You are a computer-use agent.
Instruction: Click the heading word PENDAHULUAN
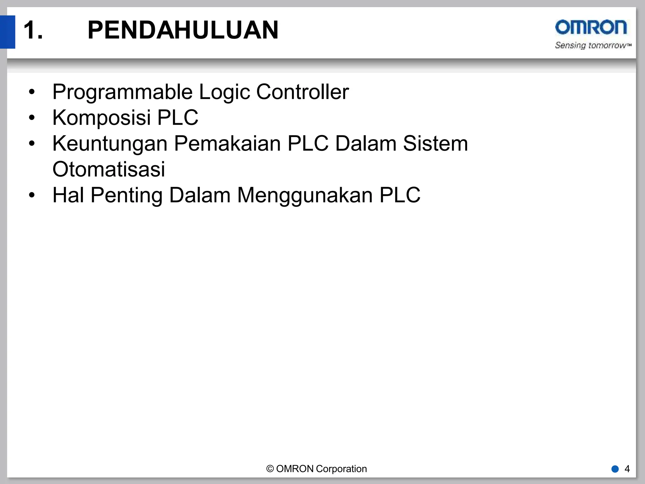coord(183,30)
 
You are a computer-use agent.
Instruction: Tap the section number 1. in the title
coord(33,30)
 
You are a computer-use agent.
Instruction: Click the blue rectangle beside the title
coord(8,32)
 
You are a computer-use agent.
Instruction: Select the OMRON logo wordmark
coord(591,27)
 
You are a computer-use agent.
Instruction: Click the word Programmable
coord(123,92)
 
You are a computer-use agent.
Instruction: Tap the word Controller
coord(302,92)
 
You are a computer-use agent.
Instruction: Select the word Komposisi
coord(101,118)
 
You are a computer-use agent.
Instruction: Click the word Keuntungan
coord(110,144)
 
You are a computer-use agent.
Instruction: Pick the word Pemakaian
coord(227,144)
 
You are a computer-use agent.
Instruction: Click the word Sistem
coord(435,144)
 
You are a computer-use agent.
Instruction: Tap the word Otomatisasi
coord(109,170)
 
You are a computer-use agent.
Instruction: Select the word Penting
coord(126,195)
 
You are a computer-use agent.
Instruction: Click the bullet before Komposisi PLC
coord(31,118)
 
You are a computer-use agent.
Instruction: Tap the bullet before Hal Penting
coord(31,195)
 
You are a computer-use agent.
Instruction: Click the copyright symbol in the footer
coord(270,469)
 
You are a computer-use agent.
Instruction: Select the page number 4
coord(627,469)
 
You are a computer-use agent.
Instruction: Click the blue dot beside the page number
coord(615,469)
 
